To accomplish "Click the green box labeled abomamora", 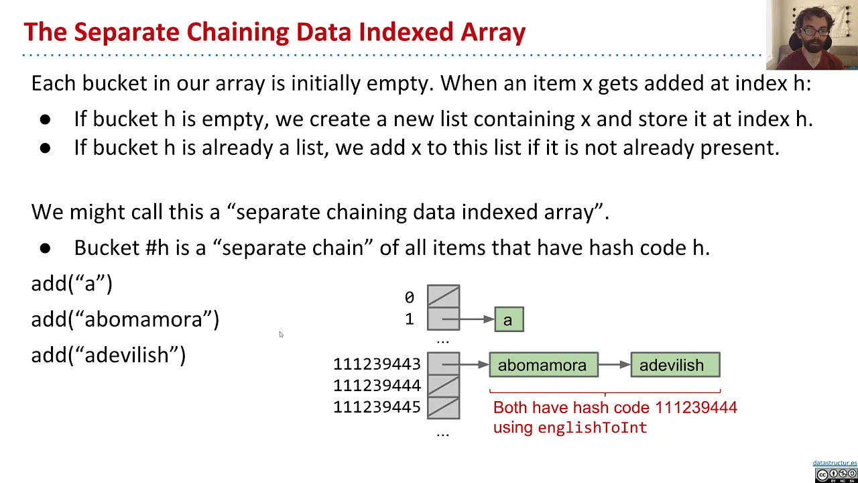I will pos(543,365).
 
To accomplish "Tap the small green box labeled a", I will pos(509,320).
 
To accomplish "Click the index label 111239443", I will pos(377,364).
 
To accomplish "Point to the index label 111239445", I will pos(377,407).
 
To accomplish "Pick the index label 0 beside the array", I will pos(409,297).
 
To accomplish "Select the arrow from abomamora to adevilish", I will pos(614,365).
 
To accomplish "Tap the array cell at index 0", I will pos(443,297).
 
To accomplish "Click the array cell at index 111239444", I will pos(443,386).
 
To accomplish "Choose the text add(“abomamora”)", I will pos(125,319).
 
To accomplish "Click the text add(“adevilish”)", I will pos(108,355).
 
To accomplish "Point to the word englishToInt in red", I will pos(592,428).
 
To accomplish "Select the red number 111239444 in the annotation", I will pos(696,407).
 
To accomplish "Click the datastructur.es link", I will pos(835,463).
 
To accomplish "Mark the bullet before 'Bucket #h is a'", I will pos(45,248).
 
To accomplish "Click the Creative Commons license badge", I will pos(836,475).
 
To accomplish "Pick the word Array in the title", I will pos(493,32).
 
